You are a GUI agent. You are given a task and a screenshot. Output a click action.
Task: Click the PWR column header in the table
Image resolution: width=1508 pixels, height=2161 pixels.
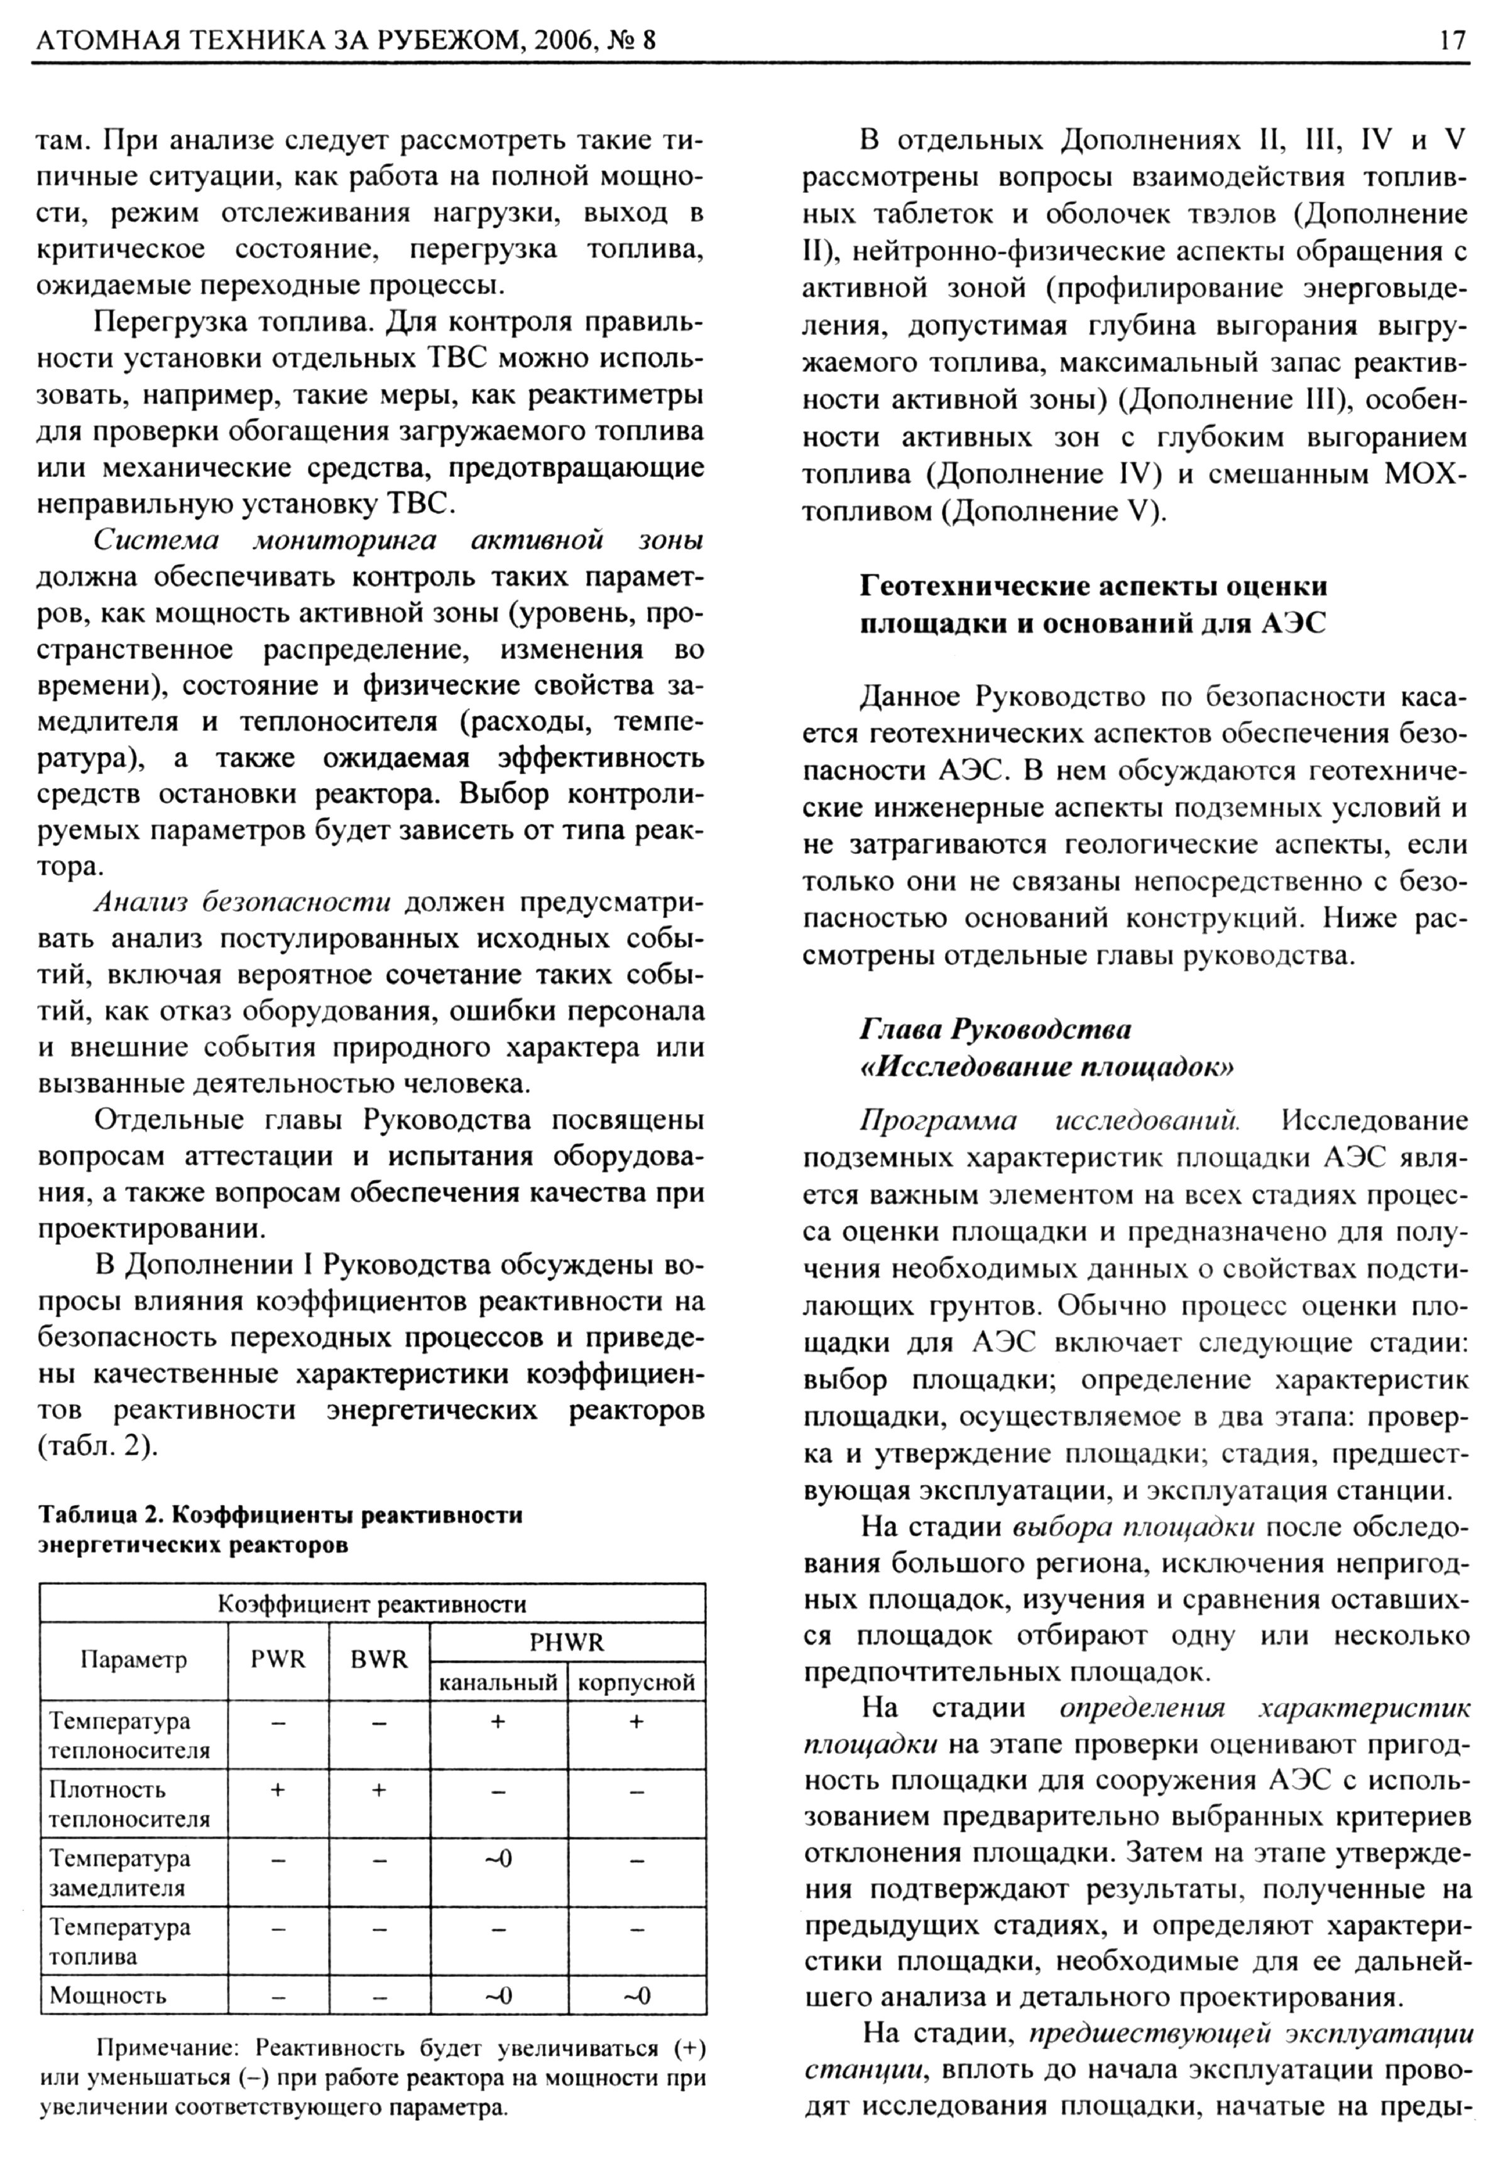(x=278, y=1660)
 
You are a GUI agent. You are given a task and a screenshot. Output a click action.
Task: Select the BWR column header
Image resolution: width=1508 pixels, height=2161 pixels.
(x=378, y=1660)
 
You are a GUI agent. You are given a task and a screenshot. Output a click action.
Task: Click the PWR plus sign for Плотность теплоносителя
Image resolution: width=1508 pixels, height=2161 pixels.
(x=278, y=1789)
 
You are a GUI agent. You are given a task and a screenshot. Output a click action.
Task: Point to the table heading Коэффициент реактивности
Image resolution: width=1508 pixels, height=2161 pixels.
(x=372, y=1604)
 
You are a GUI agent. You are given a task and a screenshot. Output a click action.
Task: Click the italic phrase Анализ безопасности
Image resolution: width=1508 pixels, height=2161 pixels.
(x=242, y=902)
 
